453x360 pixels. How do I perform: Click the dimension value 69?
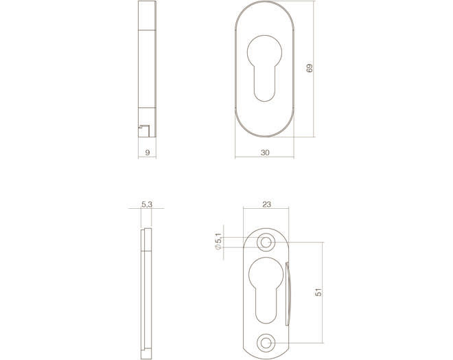(310, 68)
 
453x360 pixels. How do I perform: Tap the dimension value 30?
(265, 153)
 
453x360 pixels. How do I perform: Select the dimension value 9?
(148, 153)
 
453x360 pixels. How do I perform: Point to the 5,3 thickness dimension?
(147, 205)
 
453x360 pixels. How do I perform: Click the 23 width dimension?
(267, 205)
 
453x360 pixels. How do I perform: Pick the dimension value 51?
(318, 293)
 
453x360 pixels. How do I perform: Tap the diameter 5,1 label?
(218, 241)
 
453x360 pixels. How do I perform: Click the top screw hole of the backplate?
(266, 242)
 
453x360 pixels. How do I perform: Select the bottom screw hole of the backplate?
(266, 343)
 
